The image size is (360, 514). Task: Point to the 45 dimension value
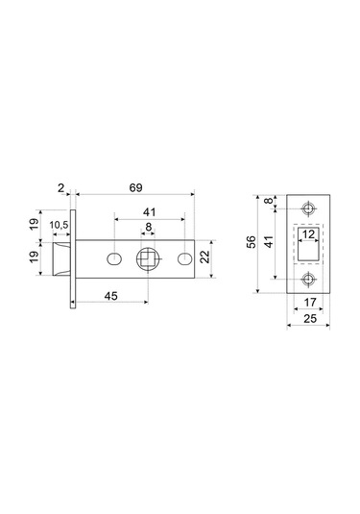[x=111, y=298]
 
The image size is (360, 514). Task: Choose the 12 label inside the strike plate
[x=308, y=233]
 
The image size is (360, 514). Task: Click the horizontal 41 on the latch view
[x=149, y=211]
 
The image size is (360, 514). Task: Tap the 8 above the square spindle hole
[x=148, y=229]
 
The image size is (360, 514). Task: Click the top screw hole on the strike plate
[x=308, y=208]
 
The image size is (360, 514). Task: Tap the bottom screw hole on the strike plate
[x=308, y=280]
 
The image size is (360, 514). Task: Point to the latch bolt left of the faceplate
[x=61, y=258]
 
